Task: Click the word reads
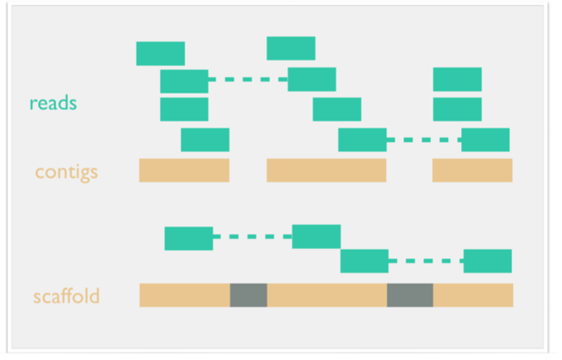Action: [53, 102]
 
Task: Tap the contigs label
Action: [66, 171]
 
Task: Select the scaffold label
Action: [66, 296]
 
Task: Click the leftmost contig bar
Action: [184, 171]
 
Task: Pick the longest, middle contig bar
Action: [326, 171]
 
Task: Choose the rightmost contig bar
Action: [472, 171]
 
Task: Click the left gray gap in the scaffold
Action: [248, 295]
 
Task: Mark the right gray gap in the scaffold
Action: [410, 295]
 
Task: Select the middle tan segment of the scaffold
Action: [326, 295]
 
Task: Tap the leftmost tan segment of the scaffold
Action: [184, 295]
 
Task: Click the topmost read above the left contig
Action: [160, 54]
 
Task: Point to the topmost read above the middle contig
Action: [291, 48]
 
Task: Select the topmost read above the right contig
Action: [457, 79]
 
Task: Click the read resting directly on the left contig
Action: [205, 140]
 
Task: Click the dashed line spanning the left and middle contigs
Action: [248, 79]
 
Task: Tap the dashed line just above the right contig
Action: [424, 140]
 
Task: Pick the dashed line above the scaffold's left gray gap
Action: [253, 237]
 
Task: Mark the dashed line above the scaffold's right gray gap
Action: [426, 261]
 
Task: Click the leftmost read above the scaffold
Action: [188, 238]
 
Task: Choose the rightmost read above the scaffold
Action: [488, 261]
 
